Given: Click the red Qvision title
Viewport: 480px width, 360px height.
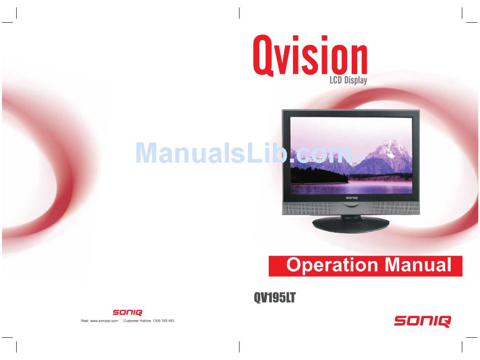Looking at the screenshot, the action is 310,56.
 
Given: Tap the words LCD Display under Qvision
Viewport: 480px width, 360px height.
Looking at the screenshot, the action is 348,80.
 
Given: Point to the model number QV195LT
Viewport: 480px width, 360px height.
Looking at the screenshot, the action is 274,297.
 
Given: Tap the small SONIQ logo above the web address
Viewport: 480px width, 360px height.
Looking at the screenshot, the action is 127,312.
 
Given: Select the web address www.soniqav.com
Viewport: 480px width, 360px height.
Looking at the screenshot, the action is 104,321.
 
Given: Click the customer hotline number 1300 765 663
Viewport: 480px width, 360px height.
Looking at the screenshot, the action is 164,321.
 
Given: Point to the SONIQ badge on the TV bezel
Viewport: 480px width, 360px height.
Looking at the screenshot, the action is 352,198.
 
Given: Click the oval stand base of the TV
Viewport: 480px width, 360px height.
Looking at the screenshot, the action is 351,225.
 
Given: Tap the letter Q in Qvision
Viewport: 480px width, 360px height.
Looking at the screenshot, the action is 262,56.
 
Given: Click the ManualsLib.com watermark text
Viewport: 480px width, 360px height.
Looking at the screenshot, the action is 243,152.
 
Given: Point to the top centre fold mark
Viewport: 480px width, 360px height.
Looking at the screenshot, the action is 239,13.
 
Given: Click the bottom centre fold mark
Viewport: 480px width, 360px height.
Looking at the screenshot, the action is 239,346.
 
